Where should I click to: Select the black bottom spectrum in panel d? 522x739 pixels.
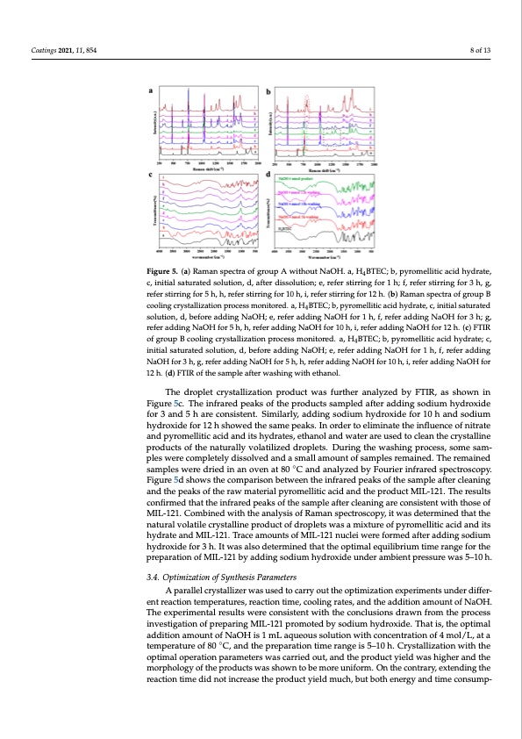point(351,234)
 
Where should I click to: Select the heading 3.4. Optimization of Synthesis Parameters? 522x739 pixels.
point(218,553)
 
